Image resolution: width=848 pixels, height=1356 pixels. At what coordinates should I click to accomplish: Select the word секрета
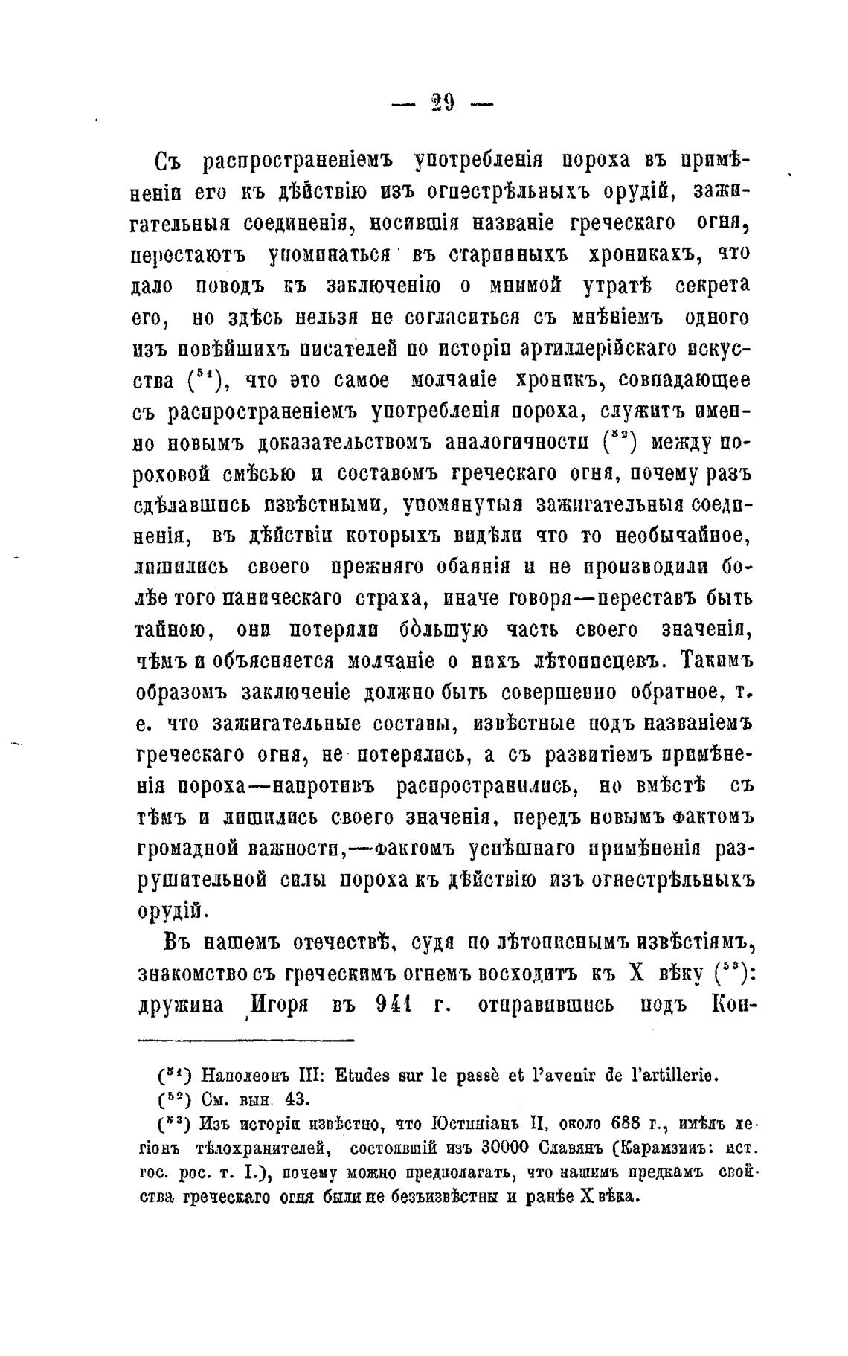click(x=713, y=286)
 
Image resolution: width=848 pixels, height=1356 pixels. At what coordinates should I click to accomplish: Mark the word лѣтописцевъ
click(x=586, y=661)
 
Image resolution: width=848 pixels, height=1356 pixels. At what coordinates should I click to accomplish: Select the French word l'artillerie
click(x=671, y=1075)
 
